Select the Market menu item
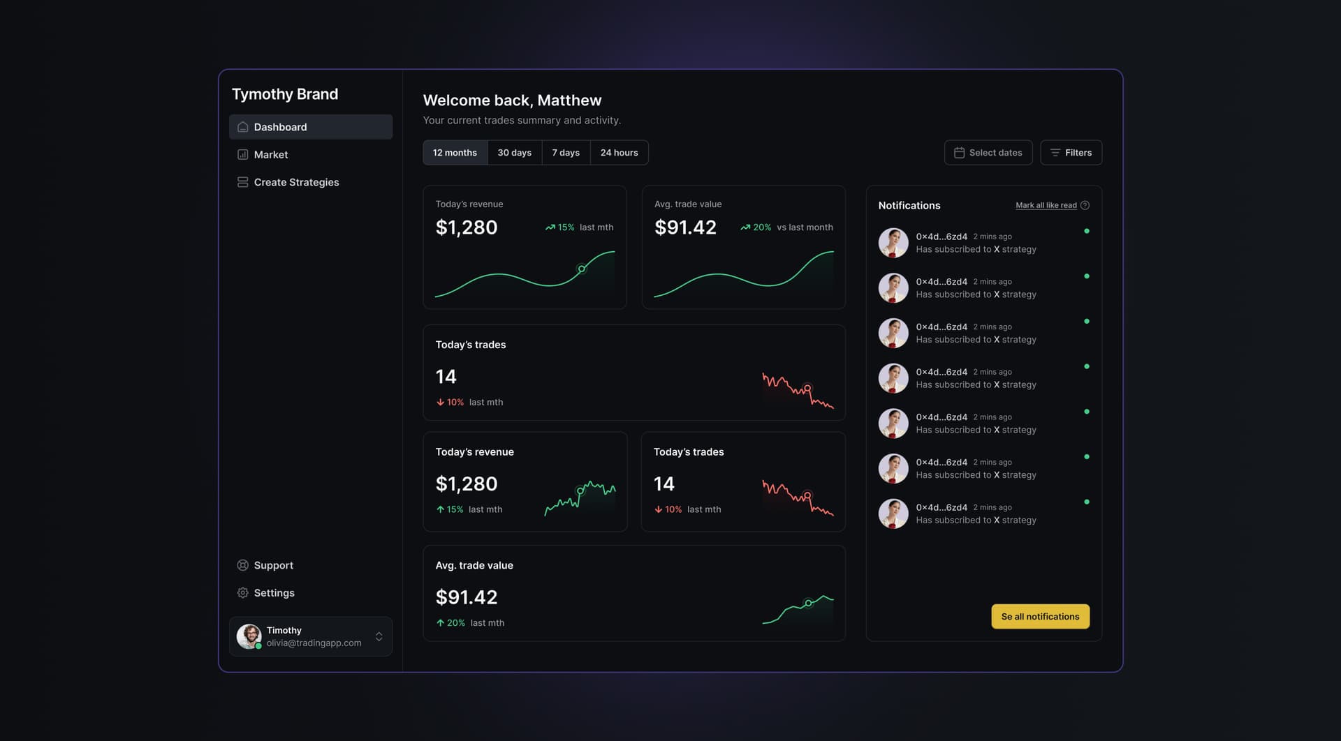pos(270,155)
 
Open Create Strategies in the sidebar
pos(295,182)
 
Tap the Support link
pos(273,565)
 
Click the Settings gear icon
pos(242,593)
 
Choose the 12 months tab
pos(455,153)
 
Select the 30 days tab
pos(514,153)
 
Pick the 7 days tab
pos(566,153)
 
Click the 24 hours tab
pos(619,153)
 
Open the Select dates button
pos(988,153)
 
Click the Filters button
pos(1071,153)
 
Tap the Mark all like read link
pos(1046,205)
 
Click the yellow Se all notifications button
pos(1040,617)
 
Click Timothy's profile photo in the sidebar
pos(249,636)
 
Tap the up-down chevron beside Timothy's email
pos(379,636)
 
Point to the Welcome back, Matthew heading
pos(512,100)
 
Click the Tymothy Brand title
pos(285,94)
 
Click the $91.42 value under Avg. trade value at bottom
pos(467,597)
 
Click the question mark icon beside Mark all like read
pos(1085,205)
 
